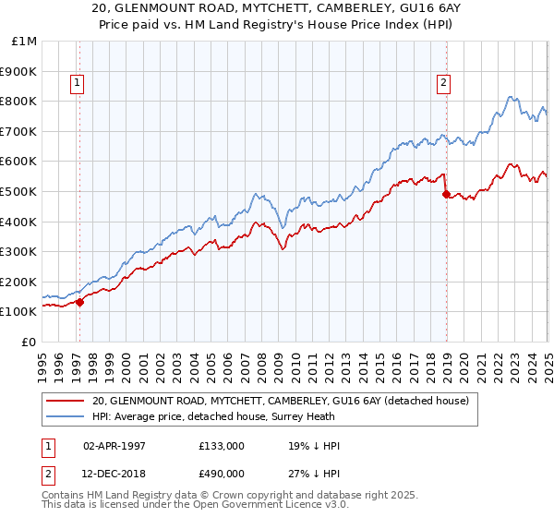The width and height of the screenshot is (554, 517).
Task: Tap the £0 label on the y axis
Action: [29, 342]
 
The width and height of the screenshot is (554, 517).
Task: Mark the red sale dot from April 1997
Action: [79, 301]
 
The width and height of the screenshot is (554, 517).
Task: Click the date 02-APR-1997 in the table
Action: [116, 446]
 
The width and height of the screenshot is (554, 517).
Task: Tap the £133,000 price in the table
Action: [222, 446]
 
